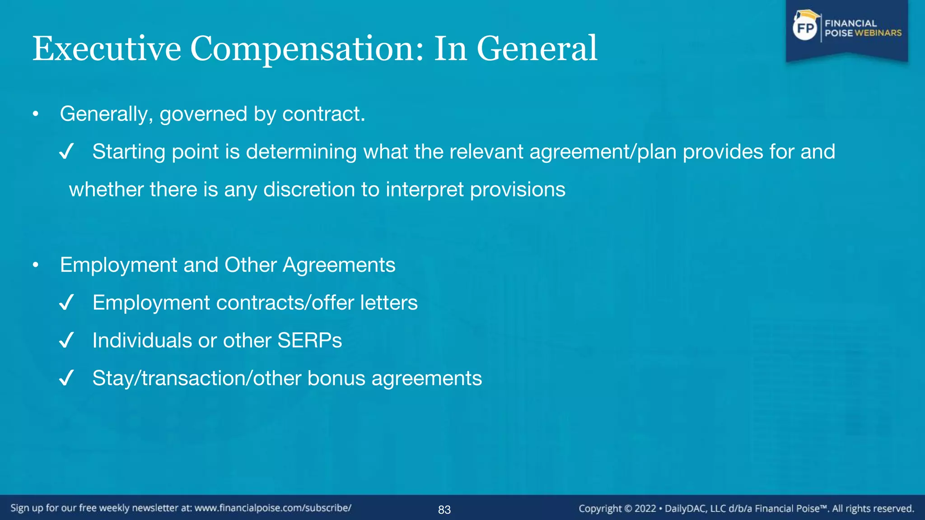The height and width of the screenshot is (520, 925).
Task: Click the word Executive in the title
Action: (107, 49)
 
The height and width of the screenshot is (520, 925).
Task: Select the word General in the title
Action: (537, 49)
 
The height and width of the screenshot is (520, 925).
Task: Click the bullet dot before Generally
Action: (36, 114)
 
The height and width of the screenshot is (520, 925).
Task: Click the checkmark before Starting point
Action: (66, 152)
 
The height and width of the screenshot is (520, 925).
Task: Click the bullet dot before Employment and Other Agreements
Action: (36, 265)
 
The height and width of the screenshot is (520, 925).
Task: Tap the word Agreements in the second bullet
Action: (339, 265)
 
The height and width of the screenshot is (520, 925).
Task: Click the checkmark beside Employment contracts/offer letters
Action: (66, 303)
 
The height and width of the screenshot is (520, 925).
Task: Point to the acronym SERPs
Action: (309, 341)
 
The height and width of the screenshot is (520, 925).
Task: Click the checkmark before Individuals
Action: (66, 341)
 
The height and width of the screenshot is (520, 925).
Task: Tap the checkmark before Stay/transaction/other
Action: (66, 378)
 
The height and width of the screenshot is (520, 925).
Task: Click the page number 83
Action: (444, 510)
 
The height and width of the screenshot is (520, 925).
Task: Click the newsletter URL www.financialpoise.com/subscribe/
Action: (273, 508)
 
